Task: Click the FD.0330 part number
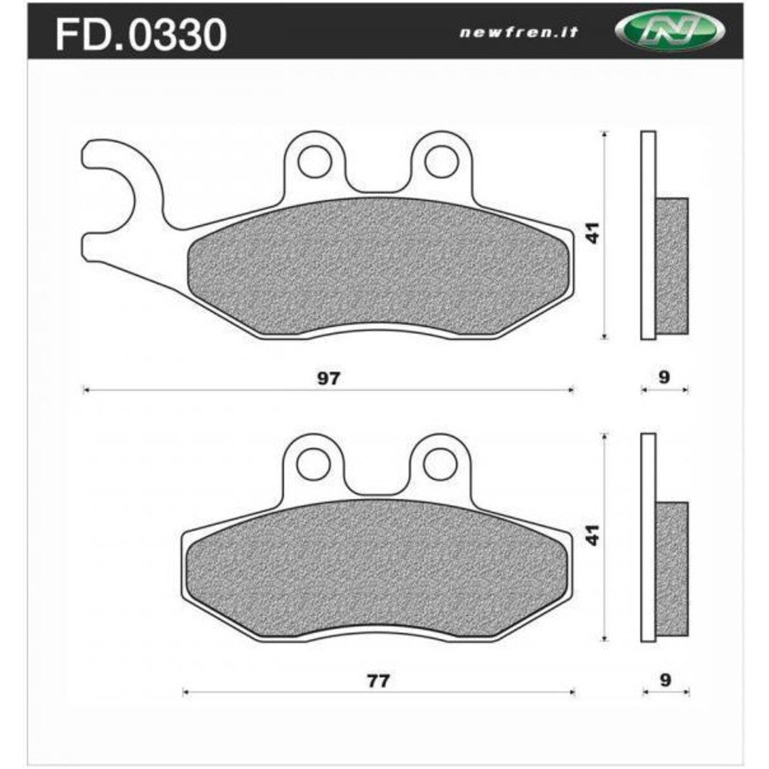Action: click(139, 34)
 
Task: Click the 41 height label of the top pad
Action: click(592, 234)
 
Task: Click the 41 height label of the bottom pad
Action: click(592, 536)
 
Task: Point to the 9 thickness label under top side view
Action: click(665, 378)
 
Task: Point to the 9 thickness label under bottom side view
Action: click(665, 680)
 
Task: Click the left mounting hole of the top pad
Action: click(312, 161)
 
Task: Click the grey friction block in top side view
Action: click(672, 265)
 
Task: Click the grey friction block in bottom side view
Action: click(672, 569)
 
